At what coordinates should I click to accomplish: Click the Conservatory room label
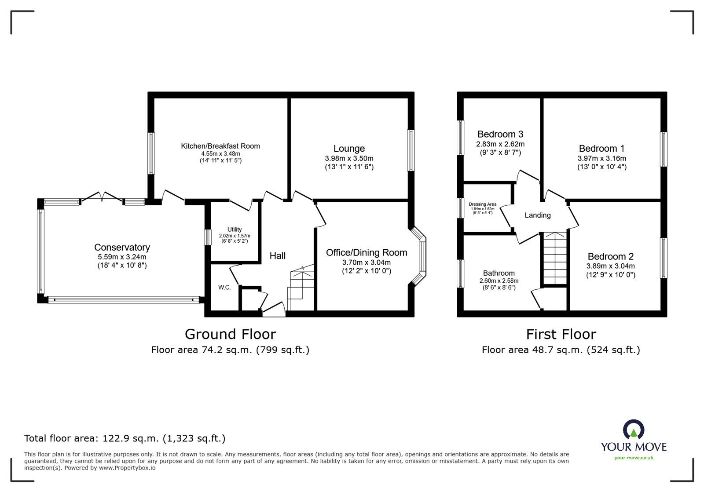pyautogui.click(x=122, y=248)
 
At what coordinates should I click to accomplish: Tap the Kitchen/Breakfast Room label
pyautogui.click(x=220, y=146)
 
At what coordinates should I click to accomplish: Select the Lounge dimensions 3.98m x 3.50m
pyautogui.click(x=349, y=158)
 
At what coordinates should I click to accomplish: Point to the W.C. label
pyautogui.click(x=224, y=288)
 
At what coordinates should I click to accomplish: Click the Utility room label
pyautogui.click(x=234, y=230)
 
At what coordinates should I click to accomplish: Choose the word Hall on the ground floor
pyautogui.click(x=277, y=256)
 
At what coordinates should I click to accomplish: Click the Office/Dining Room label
pyautogui.click(x=366, y=253)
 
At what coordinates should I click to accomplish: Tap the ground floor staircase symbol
pyautogui.click(x=301, y=288)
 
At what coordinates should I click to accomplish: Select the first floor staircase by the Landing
pyautogui.click(x=555, y=259)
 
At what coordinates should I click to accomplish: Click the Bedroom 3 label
pyautogui.click(x=500, y=134)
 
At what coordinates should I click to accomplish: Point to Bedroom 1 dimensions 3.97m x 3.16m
pyautogui.click(x=601, y=158)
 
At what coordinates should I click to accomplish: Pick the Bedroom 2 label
pyautogui.click(x=610, y=256)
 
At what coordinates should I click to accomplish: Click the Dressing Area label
pyautogui.click(x=482, y=204)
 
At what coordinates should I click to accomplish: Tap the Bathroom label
pyautogui.click(x=499, y=273)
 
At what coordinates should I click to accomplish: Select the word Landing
pyautogui.click(x=537, y=215)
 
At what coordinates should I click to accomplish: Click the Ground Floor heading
pyautogui.click(x=230, y=334)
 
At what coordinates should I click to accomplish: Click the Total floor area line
pyautogui.click(x=125, y=438)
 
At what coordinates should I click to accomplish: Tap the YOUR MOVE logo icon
pyautogui.click(x=634, y=430)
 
